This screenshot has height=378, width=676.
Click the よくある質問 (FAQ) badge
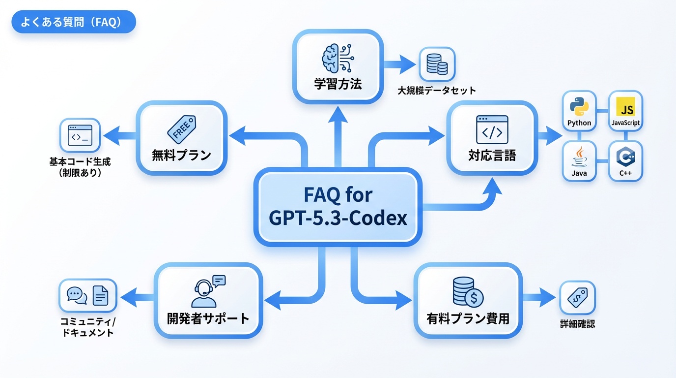73,23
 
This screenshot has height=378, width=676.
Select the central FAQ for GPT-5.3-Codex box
338,206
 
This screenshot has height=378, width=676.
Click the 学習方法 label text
338,84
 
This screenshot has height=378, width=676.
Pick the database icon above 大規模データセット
437,64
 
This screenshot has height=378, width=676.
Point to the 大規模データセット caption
437,91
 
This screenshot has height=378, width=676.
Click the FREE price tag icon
181,129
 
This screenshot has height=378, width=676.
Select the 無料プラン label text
181,156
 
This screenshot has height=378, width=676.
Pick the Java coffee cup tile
579,161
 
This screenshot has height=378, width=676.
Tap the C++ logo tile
625,161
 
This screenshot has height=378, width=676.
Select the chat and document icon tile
88,296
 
